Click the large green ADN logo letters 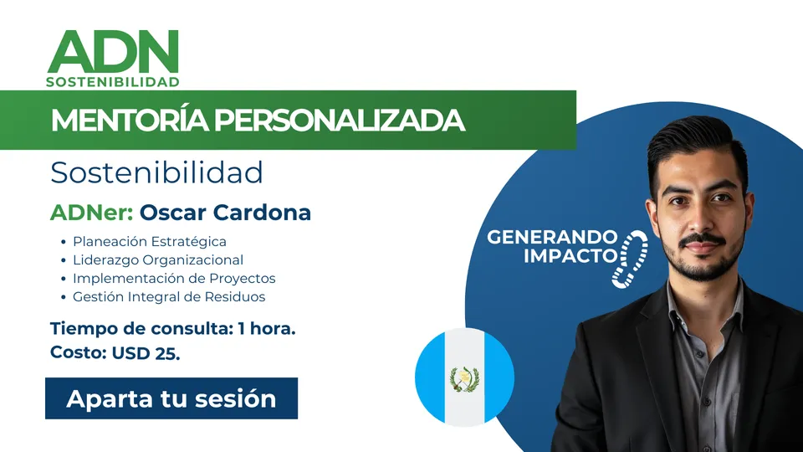[x=113, y=51]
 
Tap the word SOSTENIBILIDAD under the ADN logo [x=113, y=82]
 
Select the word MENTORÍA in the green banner [x=130, y=121]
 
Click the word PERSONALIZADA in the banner [x=340, y=121]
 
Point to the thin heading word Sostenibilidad [x=156, y=172]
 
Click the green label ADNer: [x=92, y=212]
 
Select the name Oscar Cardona [x=225, y=212]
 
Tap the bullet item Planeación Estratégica [x=150, y=241]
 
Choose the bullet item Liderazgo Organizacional [x=158, y=259]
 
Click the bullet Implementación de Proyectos [x=174, y=278]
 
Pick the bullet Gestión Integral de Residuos [x=169, y=296]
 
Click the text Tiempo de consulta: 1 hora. [x=173, y=328]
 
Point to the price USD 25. [x=146, y=353]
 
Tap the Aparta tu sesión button [x=171, y=398]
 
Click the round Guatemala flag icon [x=464, y=378]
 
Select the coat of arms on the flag [x=464, y=379]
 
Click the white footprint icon [x=631, y=259]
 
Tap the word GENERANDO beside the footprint [x=552, y=237]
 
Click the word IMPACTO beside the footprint [x=570, y=255]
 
